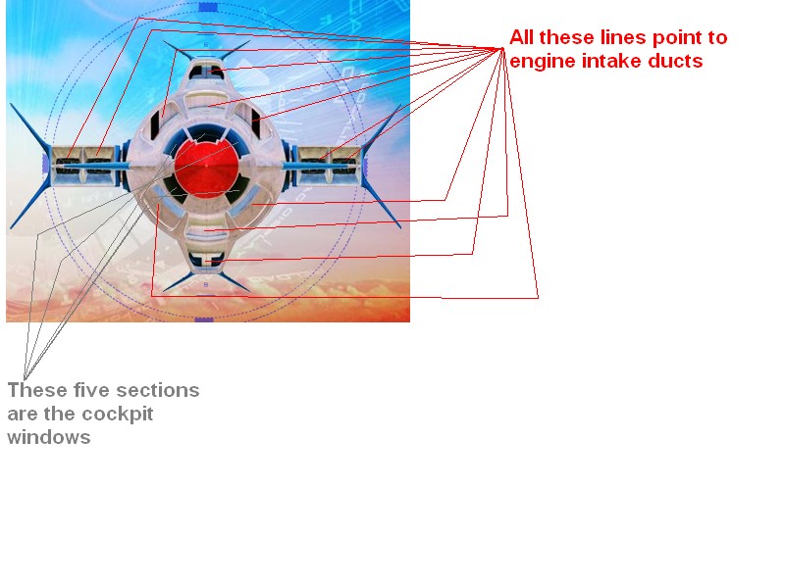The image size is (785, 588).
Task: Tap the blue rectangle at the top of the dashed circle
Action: (x=208, y=7)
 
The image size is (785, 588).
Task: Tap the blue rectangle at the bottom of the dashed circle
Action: (x=204, y=319)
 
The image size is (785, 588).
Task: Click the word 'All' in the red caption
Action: (x=521, y=37)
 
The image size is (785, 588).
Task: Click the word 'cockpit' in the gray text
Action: (x=117, y=415)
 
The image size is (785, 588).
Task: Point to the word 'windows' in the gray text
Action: (x=49, y=437)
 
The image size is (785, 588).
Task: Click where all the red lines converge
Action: (x=502, y=48)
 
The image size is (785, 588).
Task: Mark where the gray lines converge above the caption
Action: (x=24, y=377)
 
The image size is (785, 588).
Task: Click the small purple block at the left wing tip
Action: (x=45, y=164)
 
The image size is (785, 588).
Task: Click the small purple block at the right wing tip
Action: (x=366, y=164)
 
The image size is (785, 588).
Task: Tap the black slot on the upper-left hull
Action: (x=155, y=125)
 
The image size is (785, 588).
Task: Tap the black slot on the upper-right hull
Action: (x=256, y=123)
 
